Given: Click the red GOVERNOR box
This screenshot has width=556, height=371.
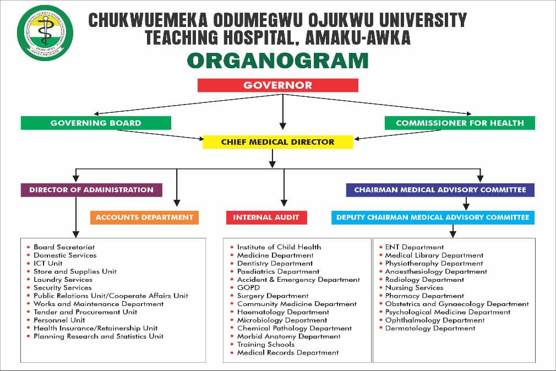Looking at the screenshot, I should (277, 85).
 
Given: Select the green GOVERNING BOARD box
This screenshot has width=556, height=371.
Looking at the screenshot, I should (96, 123).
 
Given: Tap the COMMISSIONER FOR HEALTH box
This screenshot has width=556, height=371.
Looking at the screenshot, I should (460, 123).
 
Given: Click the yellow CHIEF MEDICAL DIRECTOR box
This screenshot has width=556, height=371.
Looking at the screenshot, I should (277, 142).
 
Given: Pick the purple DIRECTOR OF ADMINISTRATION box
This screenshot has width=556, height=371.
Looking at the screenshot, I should (91, 190).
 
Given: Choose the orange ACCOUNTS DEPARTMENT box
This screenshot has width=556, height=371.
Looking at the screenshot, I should (144, 217).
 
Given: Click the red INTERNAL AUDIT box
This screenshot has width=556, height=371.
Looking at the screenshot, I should (266, 217).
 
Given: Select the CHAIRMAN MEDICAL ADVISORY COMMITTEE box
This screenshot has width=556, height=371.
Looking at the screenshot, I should (440, 190).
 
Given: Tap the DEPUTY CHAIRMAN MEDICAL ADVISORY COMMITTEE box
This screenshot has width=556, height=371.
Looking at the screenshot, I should (433, 217).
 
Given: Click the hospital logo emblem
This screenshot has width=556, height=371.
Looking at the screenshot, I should (45, 33).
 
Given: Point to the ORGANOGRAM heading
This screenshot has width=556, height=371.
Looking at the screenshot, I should (277, 61).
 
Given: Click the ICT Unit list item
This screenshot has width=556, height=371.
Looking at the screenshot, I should (48, 263).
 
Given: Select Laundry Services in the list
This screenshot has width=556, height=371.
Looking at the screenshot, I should (63, 280).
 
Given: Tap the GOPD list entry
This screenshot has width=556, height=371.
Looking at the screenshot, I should (248, 287).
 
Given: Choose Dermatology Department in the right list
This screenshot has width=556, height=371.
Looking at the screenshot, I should (430, 328).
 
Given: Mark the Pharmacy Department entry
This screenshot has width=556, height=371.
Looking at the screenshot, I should (424, 296).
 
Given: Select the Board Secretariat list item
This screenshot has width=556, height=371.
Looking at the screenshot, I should (64, 247).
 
